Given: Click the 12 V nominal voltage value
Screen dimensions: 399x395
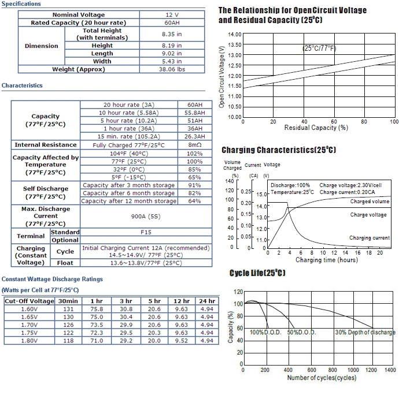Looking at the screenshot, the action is [172, 15].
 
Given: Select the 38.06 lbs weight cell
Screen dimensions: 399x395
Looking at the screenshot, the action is [172, 69].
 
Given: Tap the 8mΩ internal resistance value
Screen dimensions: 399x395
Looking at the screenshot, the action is [195, 144].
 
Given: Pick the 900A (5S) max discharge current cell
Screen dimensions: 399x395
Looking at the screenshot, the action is [146, 217].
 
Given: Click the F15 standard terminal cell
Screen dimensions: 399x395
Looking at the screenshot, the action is [146, 232].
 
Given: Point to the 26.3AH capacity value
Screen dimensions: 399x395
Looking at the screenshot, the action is [195, 136].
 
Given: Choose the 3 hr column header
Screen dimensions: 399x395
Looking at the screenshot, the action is [126, 301].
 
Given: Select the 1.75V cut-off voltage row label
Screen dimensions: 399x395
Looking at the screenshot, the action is [29, 333].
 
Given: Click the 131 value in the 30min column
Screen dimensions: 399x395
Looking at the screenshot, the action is [68, 309].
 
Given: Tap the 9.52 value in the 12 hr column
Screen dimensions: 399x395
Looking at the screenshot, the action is [182, 341].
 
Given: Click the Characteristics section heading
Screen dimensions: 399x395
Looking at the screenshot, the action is [22, 85].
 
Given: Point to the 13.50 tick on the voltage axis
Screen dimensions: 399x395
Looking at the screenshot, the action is [235, 44].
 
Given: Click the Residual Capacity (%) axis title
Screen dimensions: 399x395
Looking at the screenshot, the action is [316, 128].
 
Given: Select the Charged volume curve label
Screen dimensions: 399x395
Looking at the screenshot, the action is [370, 202].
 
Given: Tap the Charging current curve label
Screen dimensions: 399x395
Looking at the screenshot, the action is [370, 238].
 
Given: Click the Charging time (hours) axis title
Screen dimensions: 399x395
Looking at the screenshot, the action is [327, 260].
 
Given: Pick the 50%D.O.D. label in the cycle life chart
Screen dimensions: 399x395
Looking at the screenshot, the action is [301, 332].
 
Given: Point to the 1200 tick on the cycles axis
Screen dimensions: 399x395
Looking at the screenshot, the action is [371, 370].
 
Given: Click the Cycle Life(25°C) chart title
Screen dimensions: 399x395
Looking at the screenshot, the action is [257, 273].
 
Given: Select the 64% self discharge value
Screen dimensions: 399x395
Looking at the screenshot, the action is [195, 201].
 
